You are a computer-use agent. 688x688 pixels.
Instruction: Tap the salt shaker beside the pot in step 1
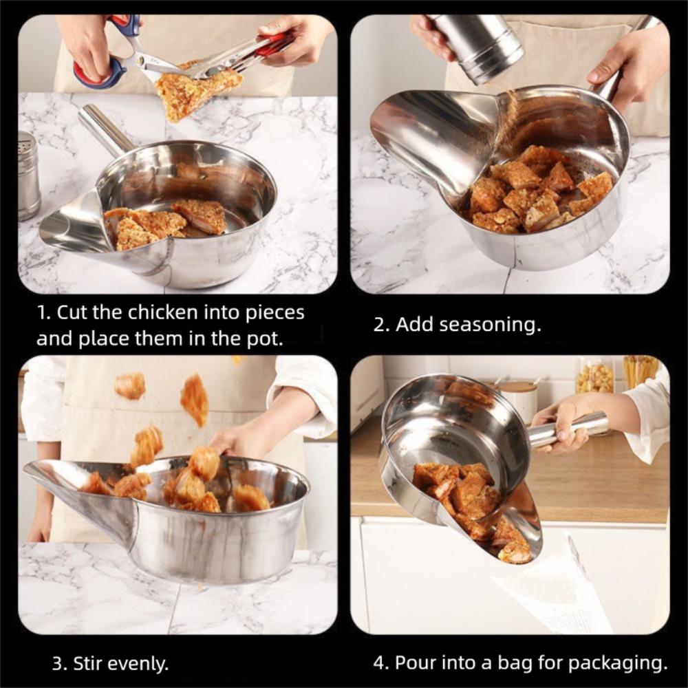point(28,175)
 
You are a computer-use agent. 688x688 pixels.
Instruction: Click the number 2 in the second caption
point(378,325)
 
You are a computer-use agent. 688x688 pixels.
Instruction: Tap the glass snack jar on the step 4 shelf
point(595,375)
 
